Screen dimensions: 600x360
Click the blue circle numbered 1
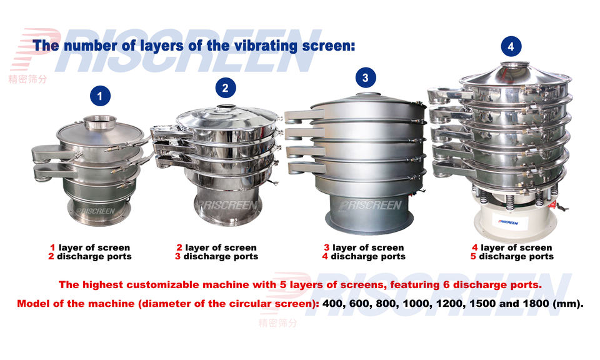click(x=100, y=96)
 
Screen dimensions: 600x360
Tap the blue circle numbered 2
click(x=226, y=87)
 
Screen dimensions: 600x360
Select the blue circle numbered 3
click(x=366, y=77)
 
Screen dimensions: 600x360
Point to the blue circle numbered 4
click(x=511, y=46)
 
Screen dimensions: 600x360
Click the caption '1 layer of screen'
click(x=90, y=248)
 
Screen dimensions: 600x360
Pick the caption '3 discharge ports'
click(x=216, y=257)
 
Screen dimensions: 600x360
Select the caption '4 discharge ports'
click(x=363, y=257)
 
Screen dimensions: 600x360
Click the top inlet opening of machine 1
click(x=100, y=120)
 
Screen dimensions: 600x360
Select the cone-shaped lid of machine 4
click(x=516, y=71)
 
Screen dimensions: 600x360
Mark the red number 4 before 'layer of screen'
click(x=475, y=248)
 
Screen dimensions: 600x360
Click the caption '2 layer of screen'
click(x=216, y=248)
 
